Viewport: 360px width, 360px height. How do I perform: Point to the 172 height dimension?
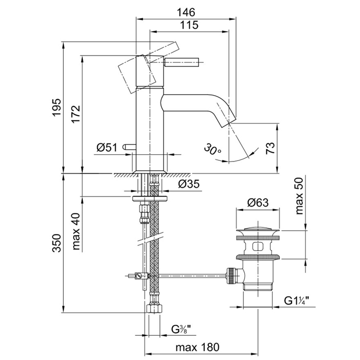75,113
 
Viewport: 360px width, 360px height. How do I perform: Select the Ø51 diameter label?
107,148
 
